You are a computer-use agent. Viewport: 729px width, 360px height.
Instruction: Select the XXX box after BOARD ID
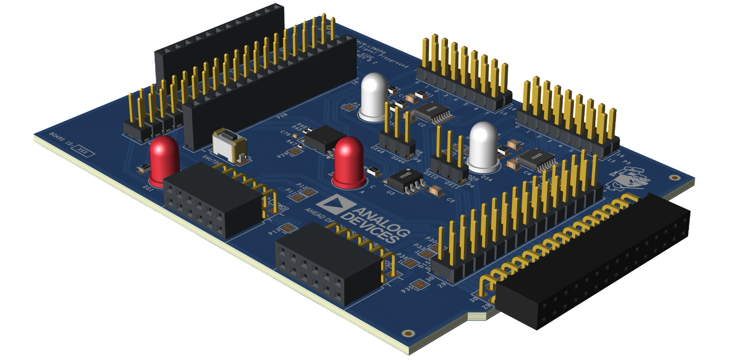point(84,151)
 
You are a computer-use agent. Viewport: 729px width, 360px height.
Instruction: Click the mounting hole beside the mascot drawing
point(674,177)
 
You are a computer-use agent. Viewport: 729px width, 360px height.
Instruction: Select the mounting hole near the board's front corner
point(409,333)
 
